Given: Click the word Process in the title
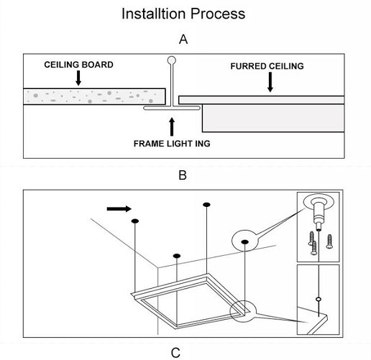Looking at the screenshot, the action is click(x=218, y=14).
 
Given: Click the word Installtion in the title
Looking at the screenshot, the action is click(x=154, y=14).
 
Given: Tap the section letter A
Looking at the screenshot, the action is click(x=183, y=40).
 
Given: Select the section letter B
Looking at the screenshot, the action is click(x=183, y=175).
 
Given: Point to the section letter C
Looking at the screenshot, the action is click(x=175, y=353).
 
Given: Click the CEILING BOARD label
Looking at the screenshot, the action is click(x=78, y=65).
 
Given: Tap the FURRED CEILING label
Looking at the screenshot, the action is click(x=267, y=66).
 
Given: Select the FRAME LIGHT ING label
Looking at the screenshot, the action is click(x=172, y=144).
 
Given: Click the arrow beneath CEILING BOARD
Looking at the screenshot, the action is click(x=78, y=78).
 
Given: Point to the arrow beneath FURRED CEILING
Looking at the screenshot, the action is click(x=270, y=82).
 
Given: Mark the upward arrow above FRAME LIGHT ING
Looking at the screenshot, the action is click(x=172, y=127).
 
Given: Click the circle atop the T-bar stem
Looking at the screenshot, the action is click(x=172, y=60).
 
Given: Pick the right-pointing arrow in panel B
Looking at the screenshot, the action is click(x=119, y=209).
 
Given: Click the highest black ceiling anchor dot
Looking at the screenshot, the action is click(x=206, y=205).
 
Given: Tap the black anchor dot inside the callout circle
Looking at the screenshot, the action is click(x=244, y=242).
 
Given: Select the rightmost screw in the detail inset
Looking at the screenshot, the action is click(x=329, y=241).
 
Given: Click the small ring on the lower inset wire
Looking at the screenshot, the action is click(x=319, y=299).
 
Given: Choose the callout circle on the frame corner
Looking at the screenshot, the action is click(x=243, y=311).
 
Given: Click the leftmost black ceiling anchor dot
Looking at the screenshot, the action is click(x=135, y=221).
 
